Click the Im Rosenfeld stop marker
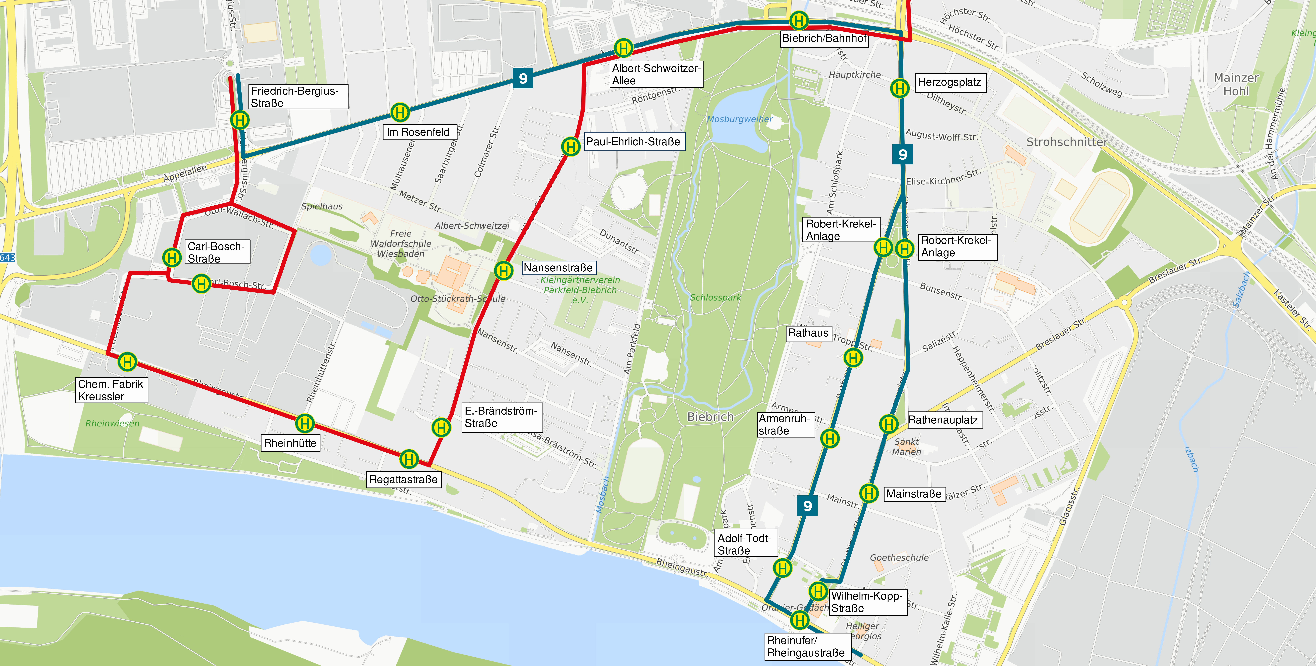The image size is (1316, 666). pyautogui.click(x=400, y=112)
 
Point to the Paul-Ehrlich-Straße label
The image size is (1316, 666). pyautogui.click(x=633, y=141)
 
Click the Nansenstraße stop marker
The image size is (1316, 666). pyautogui.click(x=503, y=270)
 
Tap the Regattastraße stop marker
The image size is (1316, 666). pyautogui.click(x=409, y=459)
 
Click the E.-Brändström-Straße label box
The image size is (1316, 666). pyautogui.click(x=501, y=417)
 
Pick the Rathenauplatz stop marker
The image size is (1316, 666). pyautogui.click(x=888, y=423)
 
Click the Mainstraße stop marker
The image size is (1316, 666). pyautogui.click(x=868, y=493)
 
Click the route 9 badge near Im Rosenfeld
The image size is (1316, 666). pyautogui.click(x=523, y=78)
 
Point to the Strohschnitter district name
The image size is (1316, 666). pyautogui.click(x=1067, y=142)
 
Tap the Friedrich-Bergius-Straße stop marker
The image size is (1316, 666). pyautogui.click(x=240, y=120)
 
